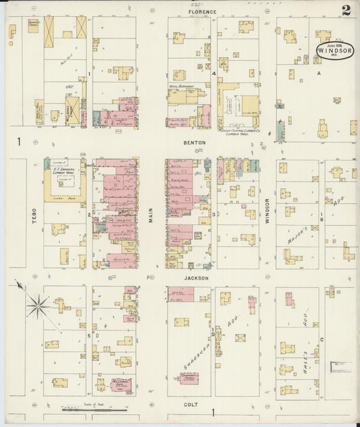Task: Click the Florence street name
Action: (203, 11)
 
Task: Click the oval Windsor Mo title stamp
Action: (334, 50)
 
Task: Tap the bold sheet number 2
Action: (346, 10)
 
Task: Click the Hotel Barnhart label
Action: (179, 86)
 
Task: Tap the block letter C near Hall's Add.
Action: (322, 339)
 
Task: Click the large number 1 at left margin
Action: (20, 141)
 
